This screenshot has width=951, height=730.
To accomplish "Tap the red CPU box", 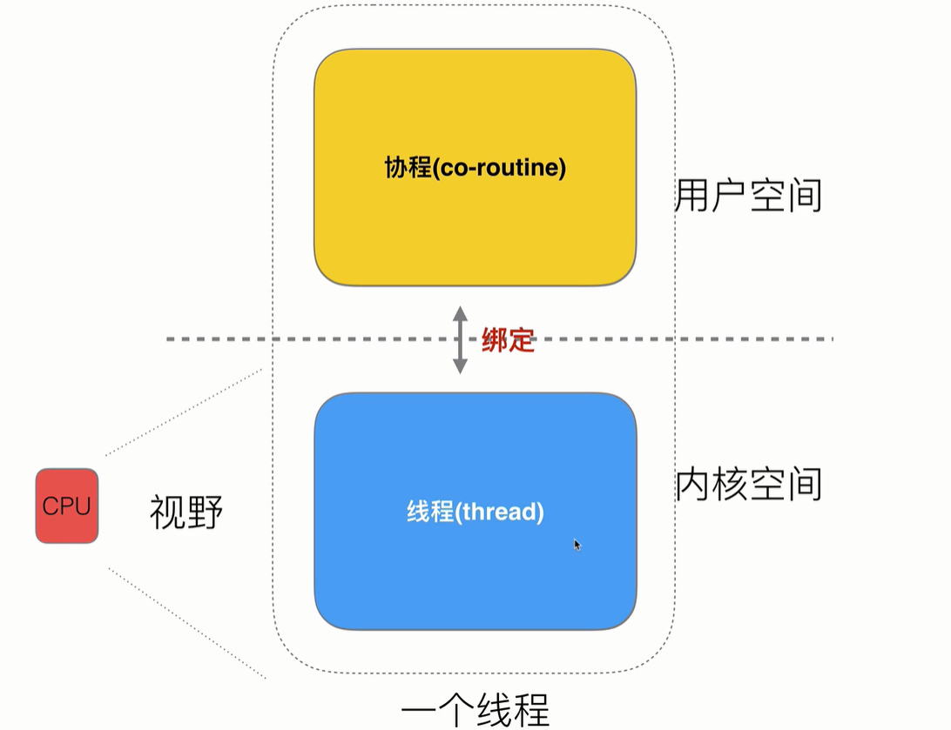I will tap(67, 506).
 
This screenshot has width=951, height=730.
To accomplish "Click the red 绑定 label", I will tap(508, 340).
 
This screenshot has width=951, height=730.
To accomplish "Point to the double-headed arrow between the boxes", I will tap(460, 339).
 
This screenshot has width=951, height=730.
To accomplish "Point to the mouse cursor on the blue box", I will tap(577, 545).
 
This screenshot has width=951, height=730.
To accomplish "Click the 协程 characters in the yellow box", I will tap(405, 167).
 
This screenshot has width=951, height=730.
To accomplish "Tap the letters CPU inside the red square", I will tap(67, 506).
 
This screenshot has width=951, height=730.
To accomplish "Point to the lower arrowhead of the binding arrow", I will tap(460, 367).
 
